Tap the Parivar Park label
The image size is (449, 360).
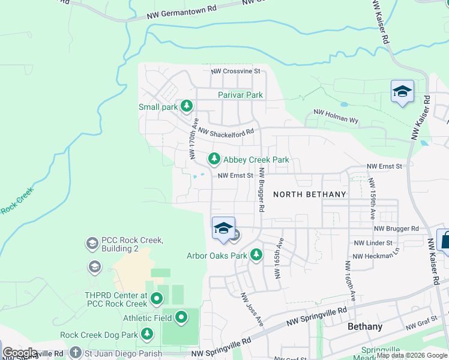(x=240, y=95)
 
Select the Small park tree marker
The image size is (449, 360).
(x=187, y=106)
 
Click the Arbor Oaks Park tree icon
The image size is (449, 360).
(x=256, y=255)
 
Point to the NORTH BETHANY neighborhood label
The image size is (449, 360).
(x=309, y=194)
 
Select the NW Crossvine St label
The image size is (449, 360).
(x=235, y=71)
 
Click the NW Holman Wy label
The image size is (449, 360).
(x=336, y=116)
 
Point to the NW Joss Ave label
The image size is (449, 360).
(x=252, y=310)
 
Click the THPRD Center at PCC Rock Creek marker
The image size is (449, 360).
(x=157, y=298)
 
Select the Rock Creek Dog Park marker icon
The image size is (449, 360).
(x=146, y=334)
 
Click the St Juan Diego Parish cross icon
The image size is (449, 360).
(x=75, y=353)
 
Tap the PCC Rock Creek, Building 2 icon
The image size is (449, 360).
(x=92, y=243)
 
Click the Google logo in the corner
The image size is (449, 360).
(x=20, y=353)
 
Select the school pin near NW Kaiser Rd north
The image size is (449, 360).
(x=402, y=92)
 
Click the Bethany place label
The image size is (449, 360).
(x=365, y=327)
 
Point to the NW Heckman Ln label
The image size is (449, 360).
(x=375, y=256)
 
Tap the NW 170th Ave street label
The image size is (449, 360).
(x=193, y=142)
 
